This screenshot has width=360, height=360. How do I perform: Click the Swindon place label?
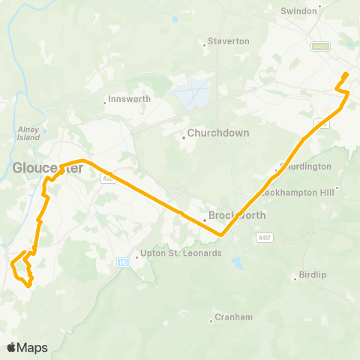(298, 11)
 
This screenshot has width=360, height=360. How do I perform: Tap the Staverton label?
(228, 41)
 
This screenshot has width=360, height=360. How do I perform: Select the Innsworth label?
(130, 99)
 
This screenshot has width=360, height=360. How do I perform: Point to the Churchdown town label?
(212, 136)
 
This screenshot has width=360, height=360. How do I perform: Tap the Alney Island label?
(28, 133)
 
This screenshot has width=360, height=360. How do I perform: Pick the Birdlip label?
(314, 275)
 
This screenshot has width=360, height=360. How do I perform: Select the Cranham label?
(232, 317)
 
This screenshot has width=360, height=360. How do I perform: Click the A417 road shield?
(263, 238)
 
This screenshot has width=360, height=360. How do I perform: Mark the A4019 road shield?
(320, 46)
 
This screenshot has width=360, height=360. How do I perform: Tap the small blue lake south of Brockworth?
(238, 263)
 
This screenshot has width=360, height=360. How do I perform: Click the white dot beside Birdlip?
(296, 280)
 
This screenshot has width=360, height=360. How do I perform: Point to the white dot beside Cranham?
(211, 322)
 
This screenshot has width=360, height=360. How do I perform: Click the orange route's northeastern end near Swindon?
(346, 73)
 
